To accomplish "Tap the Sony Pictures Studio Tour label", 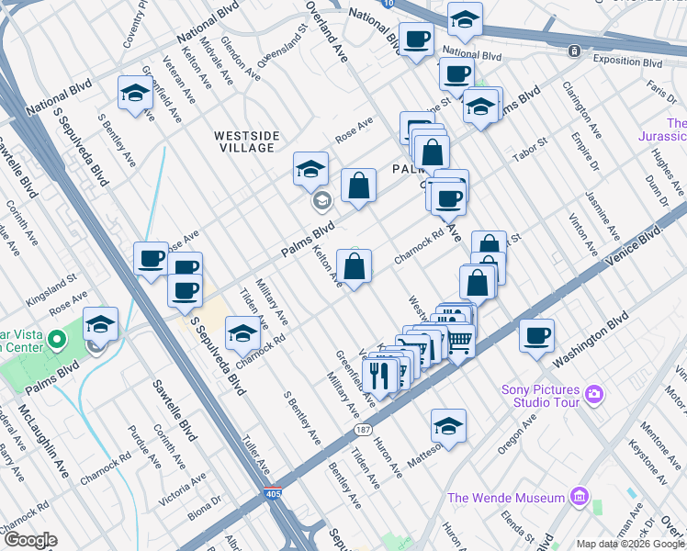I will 542,395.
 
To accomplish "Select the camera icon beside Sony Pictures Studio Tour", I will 594,394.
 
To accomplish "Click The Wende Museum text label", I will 505,498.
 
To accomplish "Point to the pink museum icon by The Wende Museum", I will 578,498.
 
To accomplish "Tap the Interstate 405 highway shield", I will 273,493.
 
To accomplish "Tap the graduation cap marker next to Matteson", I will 448,426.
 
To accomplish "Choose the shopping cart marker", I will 459,342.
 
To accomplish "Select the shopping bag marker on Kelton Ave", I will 354,267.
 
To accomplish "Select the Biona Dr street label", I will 204,506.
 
